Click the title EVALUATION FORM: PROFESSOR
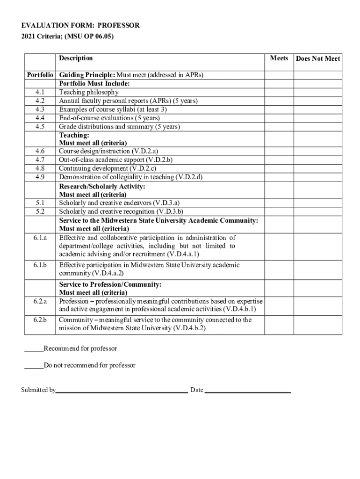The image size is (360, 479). point(80,25)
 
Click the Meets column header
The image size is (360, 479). point(279,58)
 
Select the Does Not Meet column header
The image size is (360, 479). point(318,58)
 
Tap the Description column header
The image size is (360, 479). point(76,58)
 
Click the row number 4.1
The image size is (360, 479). point(40,92)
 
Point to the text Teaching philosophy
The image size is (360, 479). point(89,92)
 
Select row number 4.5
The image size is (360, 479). point(40,127)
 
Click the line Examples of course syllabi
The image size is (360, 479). point(113,109)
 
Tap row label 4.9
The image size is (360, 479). point(40,177)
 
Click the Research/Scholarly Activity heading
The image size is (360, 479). point(102,186)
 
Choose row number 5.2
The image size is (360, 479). point(40,211)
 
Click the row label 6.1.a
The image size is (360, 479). point(40,238)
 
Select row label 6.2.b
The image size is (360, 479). point(40,320)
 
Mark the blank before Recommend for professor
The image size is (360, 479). point(34,349)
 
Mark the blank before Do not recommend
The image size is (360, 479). point(34,366)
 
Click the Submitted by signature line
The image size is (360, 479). point(122,390)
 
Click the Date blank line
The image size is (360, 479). point(248,390)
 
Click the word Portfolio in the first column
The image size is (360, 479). point(40,75)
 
